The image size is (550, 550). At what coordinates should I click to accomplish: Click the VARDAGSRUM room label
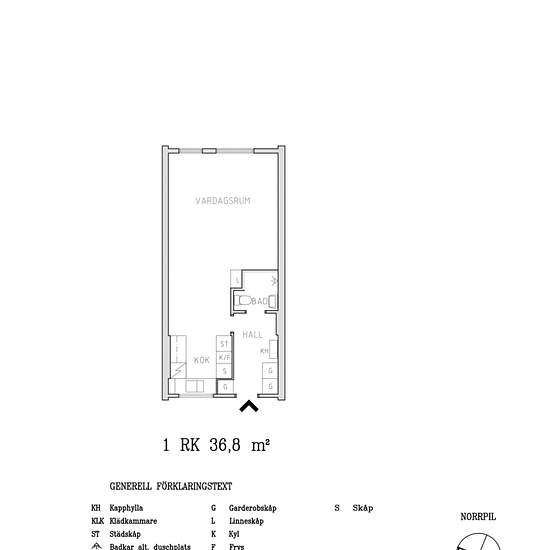tap(222, 201)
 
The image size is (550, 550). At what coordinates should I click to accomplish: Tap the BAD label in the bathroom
tap(257, 300)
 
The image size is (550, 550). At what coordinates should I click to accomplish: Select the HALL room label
tap(252, 334)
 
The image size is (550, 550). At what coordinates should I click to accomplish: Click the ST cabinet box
tap(225, 344)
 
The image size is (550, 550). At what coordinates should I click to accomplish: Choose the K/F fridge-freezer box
tap(225, 357)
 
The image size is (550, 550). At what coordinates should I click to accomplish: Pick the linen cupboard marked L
tap(236, 279)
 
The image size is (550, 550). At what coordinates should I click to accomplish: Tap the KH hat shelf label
tap(265, 351)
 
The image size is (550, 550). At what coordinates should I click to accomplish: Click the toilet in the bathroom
tap(242, 300)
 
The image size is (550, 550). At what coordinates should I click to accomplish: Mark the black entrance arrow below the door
tap(249, 405)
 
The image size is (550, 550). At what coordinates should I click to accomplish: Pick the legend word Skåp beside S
tap(363, 508)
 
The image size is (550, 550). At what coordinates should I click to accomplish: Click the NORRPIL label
tap(477, 517)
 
